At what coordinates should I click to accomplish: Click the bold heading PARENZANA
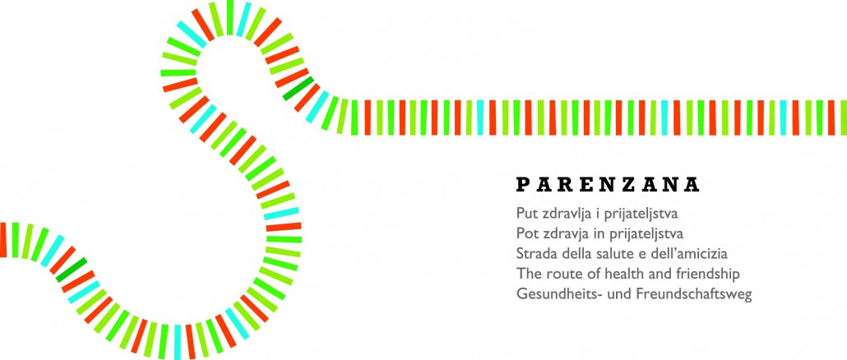[608, 185]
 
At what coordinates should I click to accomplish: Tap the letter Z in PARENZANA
[631, 185]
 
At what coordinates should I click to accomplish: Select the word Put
[526, 213]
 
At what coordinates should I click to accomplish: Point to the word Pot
[526, 233]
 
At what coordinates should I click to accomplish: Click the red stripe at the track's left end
[2, 240]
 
